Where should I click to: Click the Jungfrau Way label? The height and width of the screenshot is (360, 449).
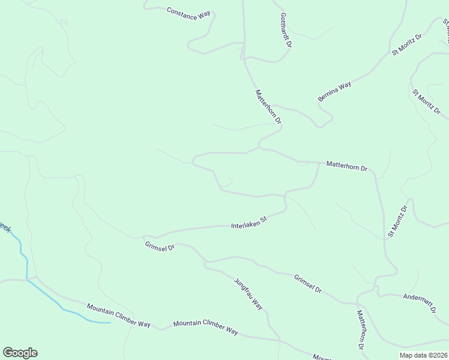pos(249,293)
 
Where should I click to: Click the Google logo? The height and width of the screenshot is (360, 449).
pos(20,352)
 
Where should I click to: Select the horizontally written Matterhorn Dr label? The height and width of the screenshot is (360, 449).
pos(346,166)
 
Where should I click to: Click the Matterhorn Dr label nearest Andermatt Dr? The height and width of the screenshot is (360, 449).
pos(361,329)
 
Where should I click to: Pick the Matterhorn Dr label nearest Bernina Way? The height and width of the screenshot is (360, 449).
pos(268,106)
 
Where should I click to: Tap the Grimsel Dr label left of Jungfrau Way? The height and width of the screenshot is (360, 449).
pos(159,245)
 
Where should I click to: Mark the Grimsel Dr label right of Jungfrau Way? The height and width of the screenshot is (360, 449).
pos(308,283)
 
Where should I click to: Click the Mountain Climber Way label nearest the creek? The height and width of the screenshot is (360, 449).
pos(118,316)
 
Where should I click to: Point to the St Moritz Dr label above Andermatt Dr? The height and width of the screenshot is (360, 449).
pos(397,221)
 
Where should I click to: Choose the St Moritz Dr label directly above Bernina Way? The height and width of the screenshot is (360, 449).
pos(407,44)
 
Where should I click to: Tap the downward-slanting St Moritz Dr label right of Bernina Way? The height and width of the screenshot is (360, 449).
pos(427,102)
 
